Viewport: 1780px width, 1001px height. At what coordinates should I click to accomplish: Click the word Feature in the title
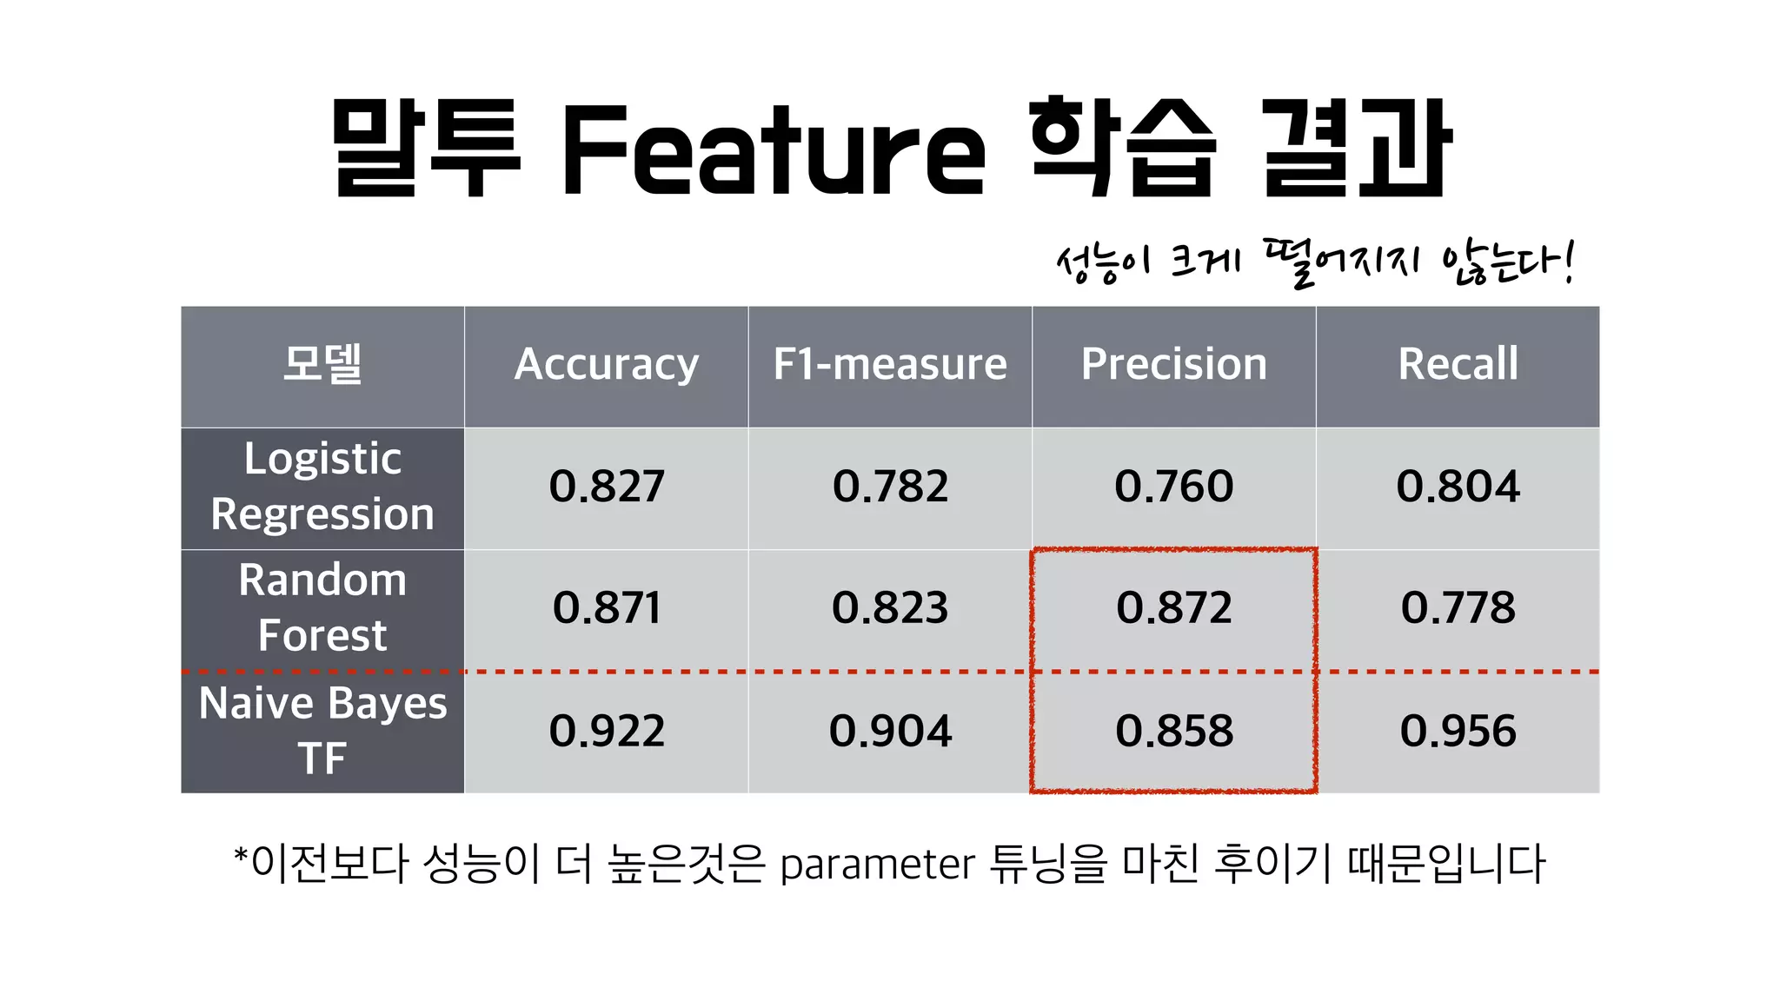[x=774, y=149]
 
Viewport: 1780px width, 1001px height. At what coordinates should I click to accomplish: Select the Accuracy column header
[x=607, y=364]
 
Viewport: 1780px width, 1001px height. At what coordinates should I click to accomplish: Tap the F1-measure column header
[x=890, y=364]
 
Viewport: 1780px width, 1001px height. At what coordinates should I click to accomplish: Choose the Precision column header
[x=1174, y=364]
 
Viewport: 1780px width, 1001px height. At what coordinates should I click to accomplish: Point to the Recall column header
[x=1458, y=364]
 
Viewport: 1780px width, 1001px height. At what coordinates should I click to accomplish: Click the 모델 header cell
[x=322, y=364]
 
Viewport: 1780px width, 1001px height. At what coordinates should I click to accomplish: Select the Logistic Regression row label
[x=322, y=487]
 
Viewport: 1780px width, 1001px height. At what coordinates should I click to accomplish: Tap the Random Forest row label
[x=322, y=607]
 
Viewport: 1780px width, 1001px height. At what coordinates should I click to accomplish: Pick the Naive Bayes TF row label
[x=322, y=730]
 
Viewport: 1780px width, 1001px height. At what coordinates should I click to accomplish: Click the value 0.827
[x=607, y=487]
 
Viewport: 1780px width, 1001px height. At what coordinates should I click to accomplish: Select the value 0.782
[x=890, y=487]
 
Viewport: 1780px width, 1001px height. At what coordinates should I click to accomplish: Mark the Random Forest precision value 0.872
[x=1174, y=607]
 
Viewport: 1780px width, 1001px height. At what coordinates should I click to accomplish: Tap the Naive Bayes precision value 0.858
[x=1174, y=731]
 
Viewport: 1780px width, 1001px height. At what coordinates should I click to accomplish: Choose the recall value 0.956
[x=1458, y=731]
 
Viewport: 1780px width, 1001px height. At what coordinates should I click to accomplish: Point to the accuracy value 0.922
[x=607, y=731]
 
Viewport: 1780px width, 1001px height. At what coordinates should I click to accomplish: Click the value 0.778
[x=1458, y=607]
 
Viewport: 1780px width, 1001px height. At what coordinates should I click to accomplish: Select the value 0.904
[x=890, y=731]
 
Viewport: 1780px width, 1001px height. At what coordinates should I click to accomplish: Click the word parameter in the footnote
[x=878, y=865]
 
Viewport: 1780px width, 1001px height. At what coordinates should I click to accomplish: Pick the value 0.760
[x=1174, y=487]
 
